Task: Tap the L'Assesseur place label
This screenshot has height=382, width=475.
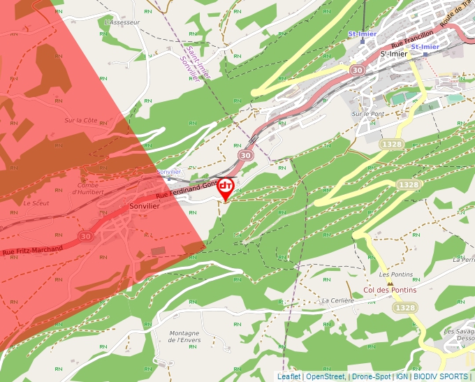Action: pyautogui.click(x=122, y=22)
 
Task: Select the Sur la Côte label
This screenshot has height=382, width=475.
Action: pyautogui.click(x=81, y=120)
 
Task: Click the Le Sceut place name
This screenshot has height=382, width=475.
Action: pyautogui.click(x=36, y=203)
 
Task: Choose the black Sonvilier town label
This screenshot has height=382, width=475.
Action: pyautogui.click(x=145, y=207)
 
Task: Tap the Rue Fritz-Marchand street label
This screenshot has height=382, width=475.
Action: pyautogui.click(x=32, y=249)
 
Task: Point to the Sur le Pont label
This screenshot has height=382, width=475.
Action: pyautogui.click(x=368, y=113)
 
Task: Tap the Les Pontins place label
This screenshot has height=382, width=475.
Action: pyautogui.click(x=399, y=275)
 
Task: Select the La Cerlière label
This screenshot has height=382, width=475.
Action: pyautogui.click(x=337, y=300)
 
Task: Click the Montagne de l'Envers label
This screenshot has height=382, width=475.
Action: pyautogui.click(x=184, y=337)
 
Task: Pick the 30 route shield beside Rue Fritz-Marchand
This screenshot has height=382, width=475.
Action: pyautogui.click(x=85, y=237)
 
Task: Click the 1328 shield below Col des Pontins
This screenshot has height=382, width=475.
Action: pyautogui.click(x=404, y=307)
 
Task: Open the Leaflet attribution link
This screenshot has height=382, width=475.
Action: pyautogui.click(x=288, y=376)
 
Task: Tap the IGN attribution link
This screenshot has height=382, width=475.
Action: pyautogui.click(x=402, y=376)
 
